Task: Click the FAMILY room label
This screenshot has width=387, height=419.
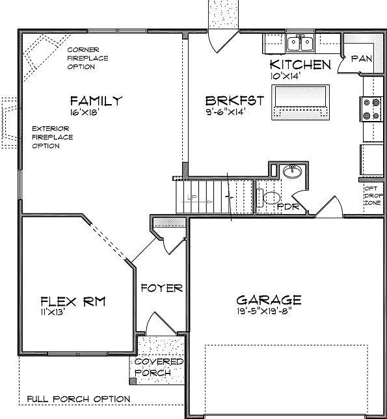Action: [96, 101]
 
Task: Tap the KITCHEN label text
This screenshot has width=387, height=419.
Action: [300, 64]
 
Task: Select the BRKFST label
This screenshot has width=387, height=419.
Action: [235, 101]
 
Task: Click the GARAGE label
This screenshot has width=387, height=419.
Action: [269, 300]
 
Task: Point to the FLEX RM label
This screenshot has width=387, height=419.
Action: [73, 302]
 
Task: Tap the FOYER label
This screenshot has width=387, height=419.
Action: [162, 288]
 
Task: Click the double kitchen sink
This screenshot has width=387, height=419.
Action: [300, 43]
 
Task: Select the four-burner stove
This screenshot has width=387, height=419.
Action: [371, 109]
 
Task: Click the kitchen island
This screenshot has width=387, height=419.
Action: [300, 102]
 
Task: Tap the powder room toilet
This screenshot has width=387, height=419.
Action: [269, 198]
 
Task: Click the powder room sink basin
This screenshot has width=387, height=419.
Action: [292, 171]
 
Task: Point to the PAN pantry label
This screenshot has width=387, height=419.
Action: [362, 59]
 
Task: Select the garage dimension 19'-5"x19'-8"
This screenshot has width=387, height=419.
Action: [264, 311]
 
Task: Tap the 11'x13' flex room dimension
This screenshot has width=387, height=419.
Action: [53, 312]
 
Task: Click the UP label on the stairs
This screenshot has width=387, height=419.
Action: [192, 198]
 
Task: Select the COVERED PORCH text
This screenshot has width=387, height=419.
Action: [159, 368]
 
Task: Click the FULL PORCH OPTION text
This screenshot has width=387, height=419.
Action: [79, 399]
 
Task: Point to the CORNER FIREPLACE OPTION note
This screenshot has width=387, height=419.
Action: [88, 59]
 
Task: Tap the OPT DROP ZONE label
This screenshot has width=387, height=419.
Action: [374, 196]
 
